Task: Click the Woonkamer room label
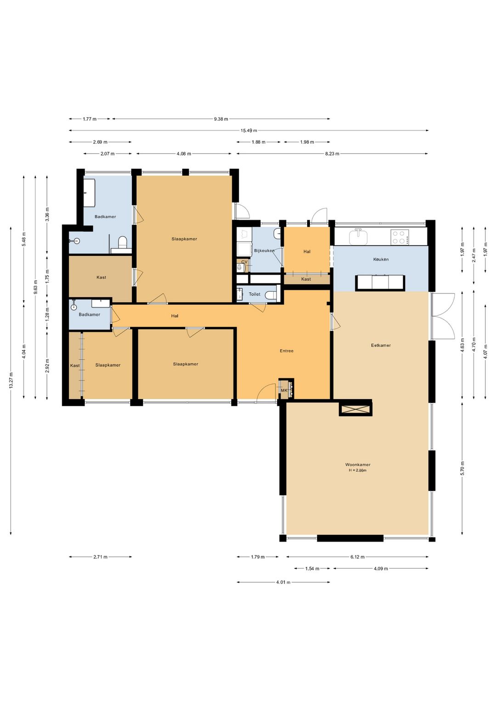click(358, 464)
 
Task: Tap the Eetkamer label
click(381, 345)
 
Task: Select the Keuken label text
click(381, 259)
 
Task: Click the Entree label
click(287, 351)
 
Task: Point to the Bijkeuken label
click(265, 250)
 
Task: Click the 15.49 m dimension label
click(249, 130)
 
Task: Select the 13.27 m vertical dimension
click(11, 380)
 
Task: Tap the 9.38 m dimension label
click(221, 119)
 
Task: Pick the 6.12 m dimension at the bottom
click(357, 557)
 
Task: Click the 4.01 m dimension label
click(283, 582)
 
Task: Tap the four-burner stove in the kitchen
click(400, 237)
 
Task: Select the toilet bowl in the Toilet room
click(271, 294)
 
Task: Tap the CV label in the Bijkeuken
click(244, 262)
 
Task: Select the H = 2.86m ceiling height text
click(358, 470)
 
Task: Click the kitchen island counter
click(380, 283)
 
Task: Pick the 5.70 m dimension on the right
click(462, 468)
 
